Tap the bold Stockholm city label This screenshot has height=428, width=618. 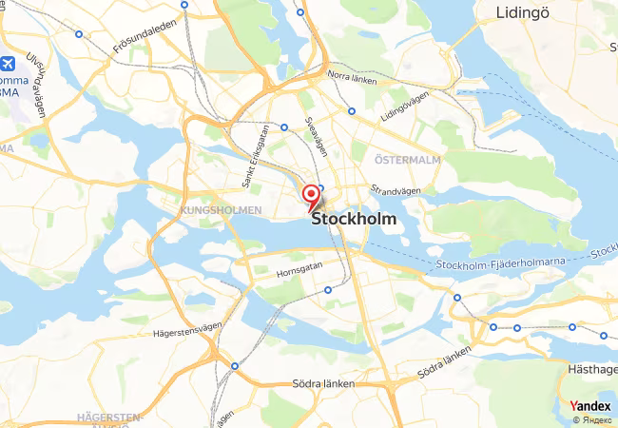pyautogui.click(x=354, y=219)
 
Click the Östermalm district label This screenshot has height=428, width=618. pyautogui.click(x=407, y=160)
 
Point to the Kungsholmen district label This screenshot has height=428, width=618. pyautogui.click(x=221, y=209)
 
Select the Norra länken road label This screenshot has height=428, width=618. pyautogui.click(x=352, y=77)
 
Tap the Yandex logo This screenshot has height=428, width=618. pyautogui.click(x=590, y=406)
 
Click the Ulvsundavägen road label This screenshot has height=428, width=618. pyautogui.click(x=36, y=86)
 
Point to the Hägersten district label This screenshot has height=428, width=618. pyautogui.click(x=108, y=417)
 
